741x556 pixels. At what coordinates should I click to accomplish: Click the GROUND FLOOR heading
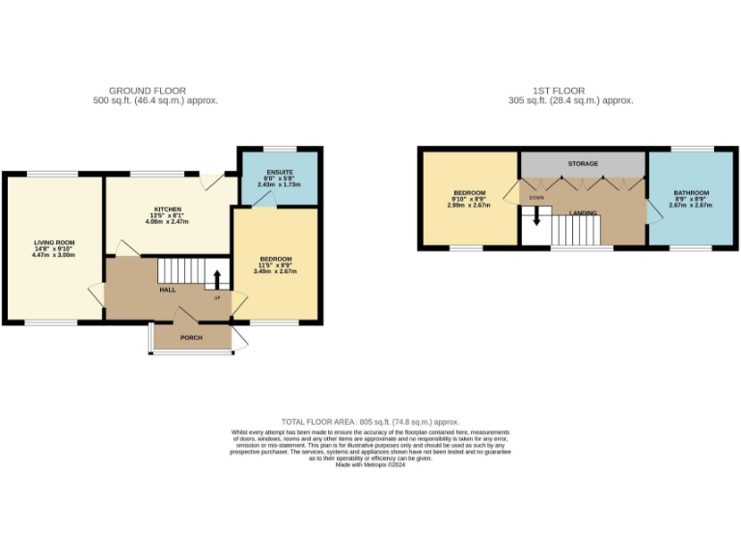click(x=148, y=91)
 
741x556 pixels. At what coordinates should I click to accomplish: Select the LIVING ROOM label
click(x=54, y=242)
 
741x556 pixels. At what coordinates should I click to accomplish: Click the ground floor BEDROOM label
click(x=276, y=259)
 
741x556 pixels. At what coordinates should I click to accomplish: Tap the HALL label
click(x=167, y=289)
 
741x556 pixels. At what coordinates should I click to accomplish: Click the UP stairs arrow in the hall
click(x=217, y=280)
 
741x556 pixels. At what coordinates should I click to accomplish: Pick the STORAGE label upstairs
click(x=583, y=164)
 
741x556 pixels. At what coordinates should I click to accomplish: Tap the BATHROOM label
click(x=691, y=192)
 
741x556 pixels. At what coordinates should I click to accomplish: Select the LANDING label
click(x=583, y=212)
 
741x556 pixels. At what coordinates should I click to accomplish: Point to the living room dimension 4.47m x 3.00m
click(x=54, y=255)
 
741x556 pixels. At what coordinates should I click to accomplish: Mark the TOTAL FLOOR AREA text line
click(x=370, y=422)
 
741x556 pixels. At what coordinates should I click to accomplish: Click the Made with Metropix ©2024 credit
click(x=370, y=464)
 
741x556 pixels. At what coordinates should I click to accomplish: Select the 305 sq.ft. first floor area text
click(x=571, y=100)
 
